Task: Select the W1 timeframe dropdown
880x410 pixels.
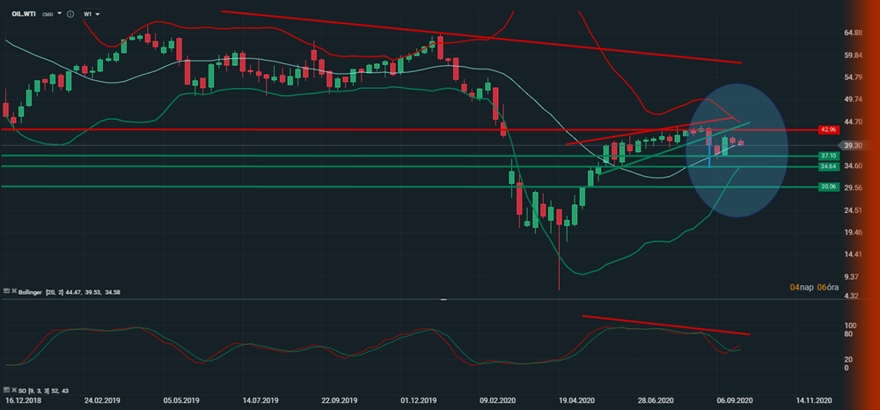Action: pyautogui.click(x=90, y=14)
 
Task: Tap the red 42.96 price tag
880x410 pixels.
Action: pyautogui.click(x=826, y=129)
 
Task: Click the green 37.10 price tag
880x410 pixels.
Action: pyautogui.click(x=826, y=156)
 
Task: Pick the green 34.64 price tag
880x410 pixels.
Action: pyautogui.click(x=826, y=166)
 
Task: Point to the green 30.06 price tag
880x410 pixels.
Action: pyautogui.click(x=826, y=187)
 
